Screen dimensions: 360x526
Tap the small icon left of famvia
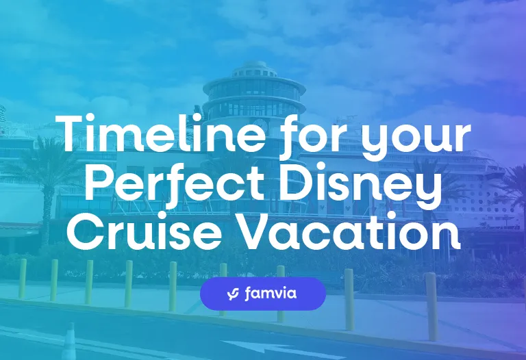[x=232, y=294]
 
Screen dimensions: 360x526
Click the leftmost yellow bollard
[x=22, y=278]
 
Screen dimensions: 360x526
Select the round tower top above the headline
[x=254, y=89]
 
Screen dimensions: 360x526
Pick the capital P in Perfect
[x=104, y=183]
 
